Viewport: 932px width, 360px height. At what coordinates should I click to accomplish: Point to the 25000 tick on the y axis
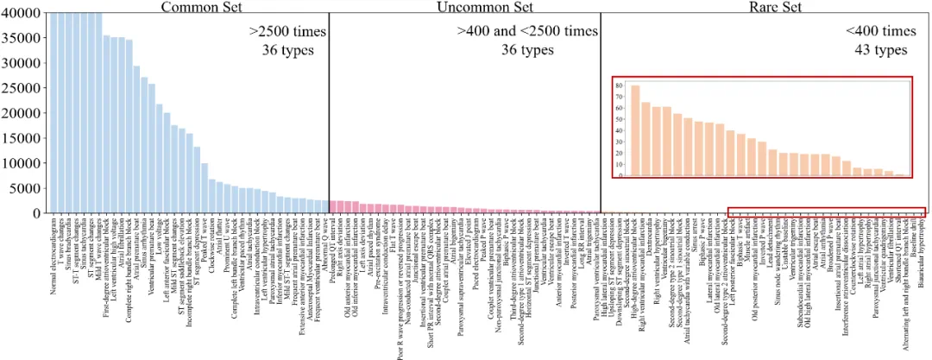[22, 88]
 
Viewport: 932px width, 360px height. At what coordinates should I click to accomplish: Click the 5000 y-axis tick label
[25, 188]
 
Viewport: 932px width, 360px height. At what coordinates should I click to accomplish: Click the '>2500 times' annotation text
[288, 32]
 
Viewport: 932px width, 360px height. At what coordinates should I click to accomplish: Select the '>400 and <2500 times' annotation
[526, 32]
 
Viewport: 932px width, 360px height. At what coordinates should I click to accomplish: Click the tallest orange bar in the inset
[635, 130]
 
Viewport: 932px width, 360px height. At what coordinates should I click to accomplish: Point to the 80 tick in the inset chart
[619, 85]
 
